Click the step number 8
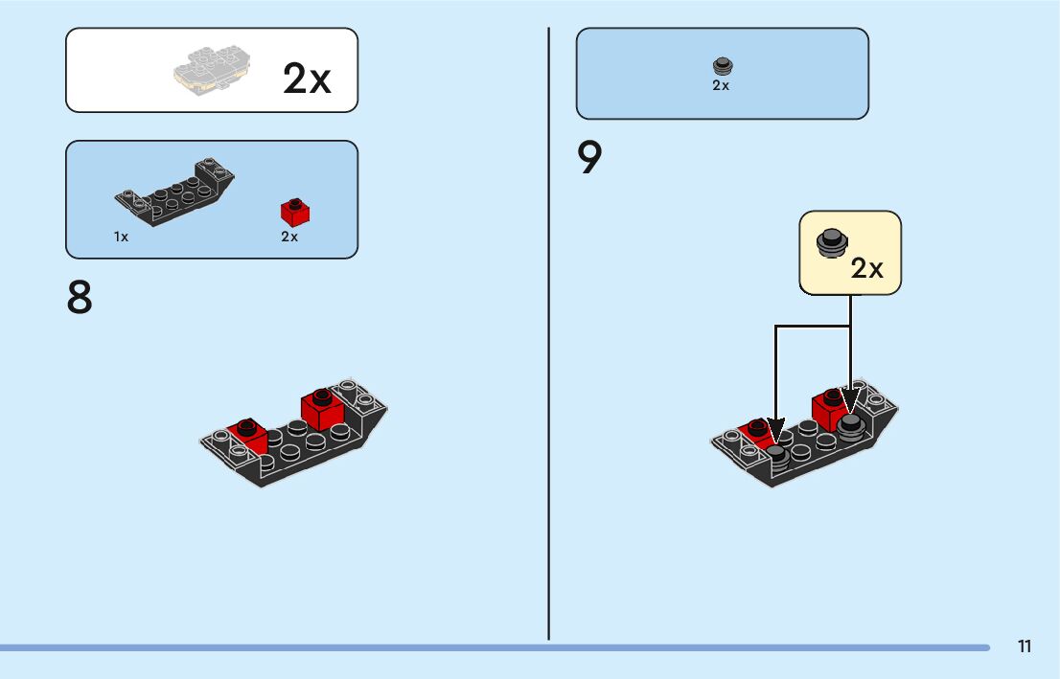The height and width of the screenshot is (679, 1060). [x=80, y=297]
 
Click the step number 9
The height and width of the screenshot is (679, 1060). [x=588, y=157]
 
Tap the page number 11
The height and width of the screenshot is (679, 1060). [x=1025, y=646]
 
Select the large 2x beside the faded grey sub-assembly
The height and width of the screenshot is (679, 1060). [x=307, y=79]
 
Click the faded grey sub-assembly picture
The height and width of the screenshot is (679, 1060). [x=212, y=70]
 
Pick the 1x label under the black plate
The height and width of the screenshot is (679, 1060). [x=121, y=237]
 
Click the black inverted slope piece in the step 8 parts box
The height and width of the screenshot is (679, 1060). [x=174, y=192]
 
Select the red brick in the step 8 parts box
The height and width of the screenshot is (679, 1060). [x=295, y=213]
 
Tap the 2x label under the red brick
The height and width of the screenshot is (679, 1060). [x=289, y=237]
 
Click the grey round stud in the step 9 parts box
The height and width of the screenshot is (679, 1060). [x=723, y=66]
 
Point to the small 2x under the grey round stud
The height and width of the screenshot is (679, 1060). [x=721, y=85]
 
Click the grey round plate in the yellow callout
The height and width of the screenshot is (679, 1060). [x=832, y=242]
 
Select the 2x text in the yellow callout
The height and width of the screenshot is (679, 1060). [x=866, y=268]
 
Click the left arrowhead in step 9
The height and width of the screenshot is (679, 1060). [x=776, y=431]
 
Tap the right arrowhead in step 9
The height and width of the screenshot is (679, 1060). [x=850, y=400]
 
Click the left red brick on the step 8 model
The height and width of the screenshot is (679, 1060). [x=248, y=437]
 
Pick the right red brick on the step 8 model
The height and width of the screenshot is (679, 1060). [x=322, y=410]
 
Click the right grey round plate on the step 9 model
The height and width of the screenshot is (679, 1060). [x=850, y=428]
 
